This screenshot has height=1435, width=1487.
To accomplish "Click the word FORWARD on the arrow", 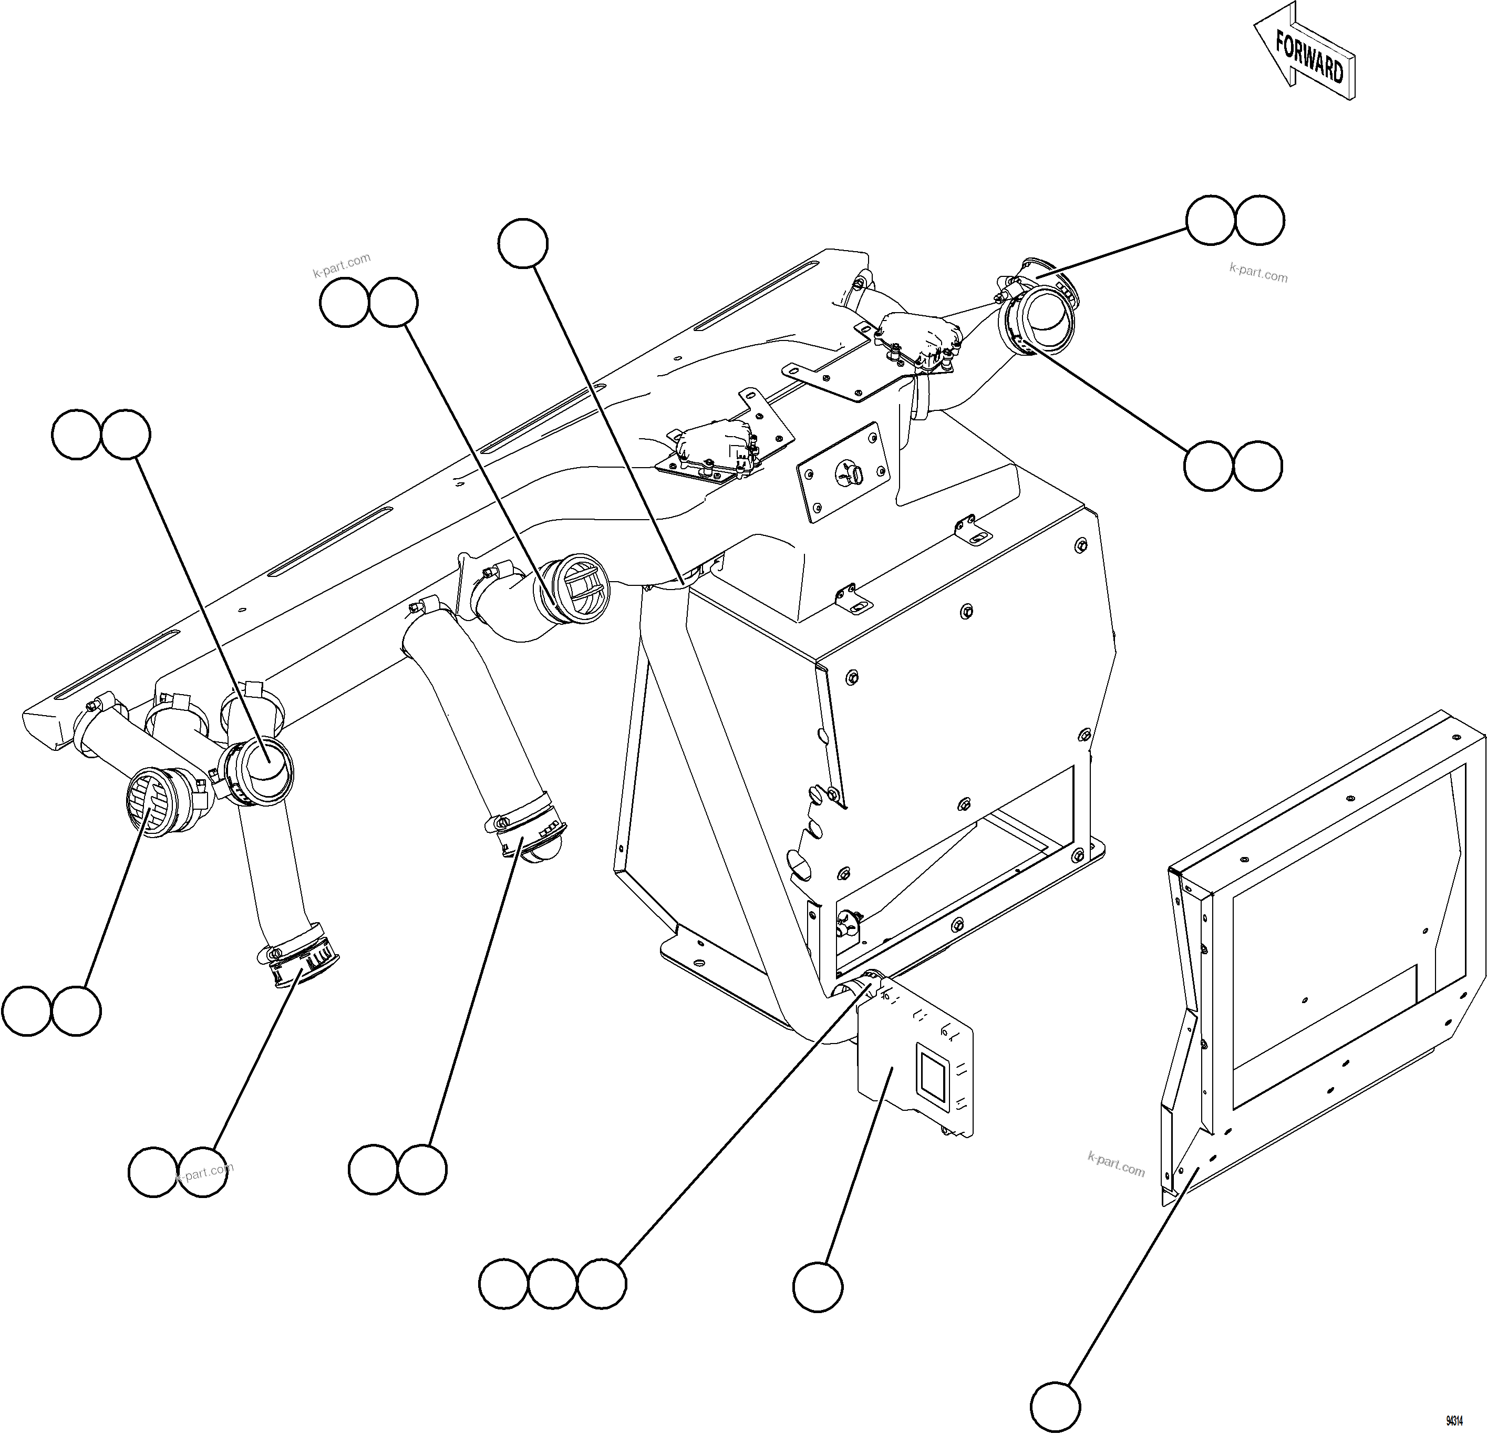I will pos(1309,56).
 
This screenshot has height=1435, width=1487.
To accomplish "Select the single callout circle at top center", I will pos(523,244).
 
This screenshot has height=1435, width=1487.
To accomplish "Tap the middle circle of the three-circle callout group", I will pos(552,1285).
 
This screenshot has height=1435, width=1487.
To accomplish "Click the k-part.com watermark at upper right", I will pos(1258,272).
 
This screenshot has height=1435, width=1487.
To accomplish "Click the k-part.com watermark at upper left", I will pos(342,263).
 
